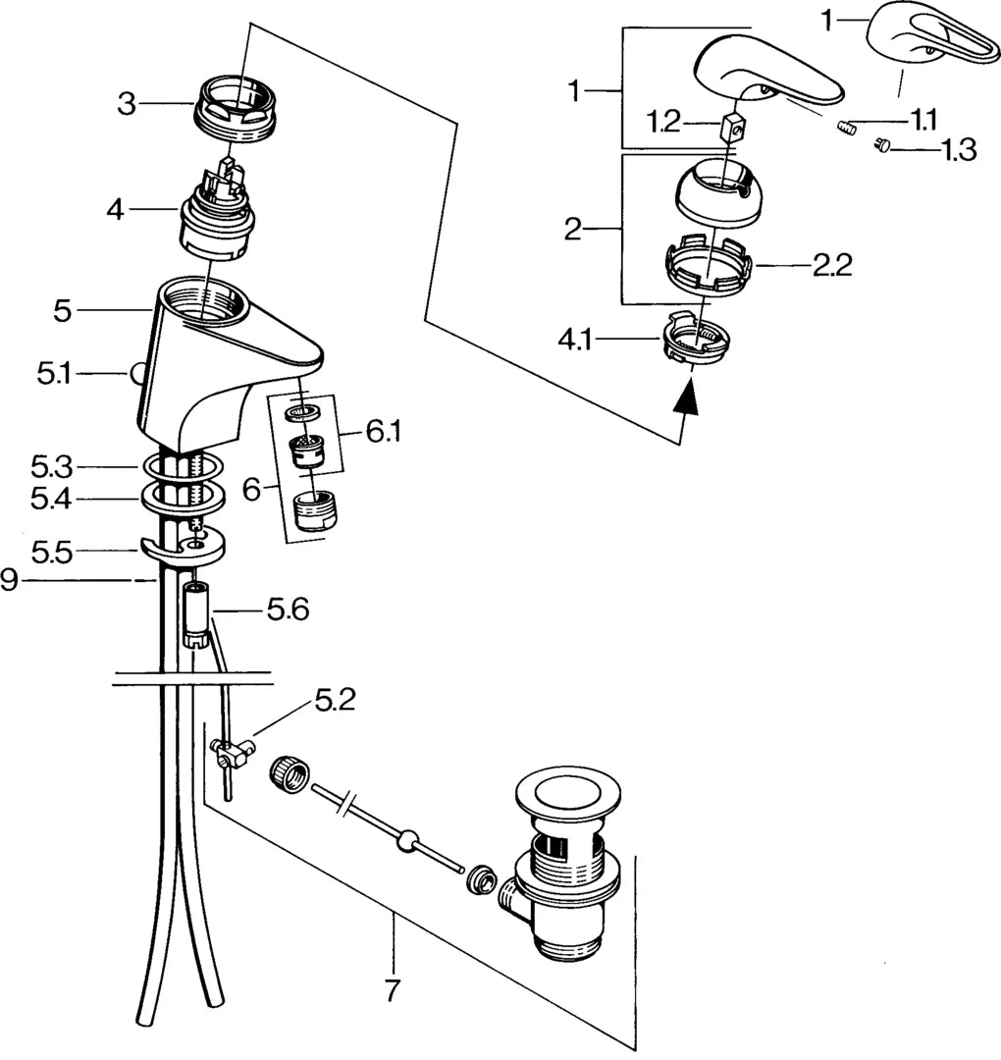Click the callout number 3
[128, 103]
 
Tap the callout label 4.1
[576, 342]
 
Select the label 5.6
[288, 610]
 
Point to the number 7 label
[393, 991]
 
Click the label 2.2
[832, 265]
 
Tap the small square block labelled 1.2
[729, 127]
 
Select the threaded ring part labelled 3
[238, 104]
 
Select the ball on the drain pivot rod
[404, 839]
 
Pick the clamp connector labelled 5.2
[233, 755]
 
